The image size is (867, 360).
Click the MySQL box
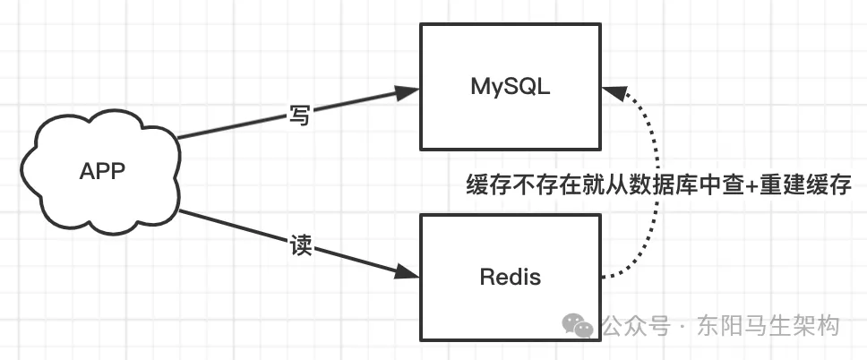[511, 54]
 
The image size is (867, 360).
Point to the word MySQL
[511, 87]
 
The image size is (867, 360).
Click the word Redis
[511, 276]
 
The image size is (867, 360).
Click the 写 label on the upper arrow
[299, 115]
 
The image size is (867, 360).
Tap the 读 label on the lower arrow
[301, 247]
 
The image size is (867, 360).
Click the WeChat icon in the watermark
[583, 326]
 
